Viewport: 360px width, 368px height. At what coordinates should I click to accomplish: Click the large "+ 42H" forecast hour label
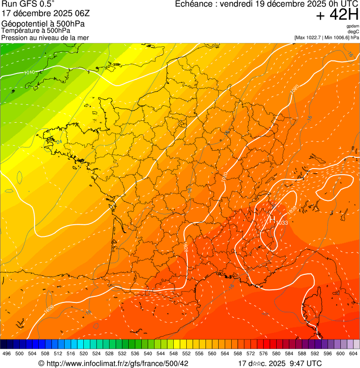337,15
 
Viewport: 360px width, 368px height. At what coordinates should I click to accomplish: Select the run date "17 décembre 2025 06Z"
49,14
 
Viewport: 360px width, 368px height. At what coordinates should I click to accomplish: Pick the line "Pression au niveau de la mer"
45,37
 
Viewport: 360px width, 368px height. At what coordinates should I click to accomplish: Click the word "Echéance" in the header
194,4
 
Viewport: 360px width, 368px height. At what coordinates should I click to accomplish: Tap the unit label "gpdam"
353,27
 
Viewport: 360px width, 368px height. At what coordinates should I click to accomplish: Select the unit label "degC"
353,32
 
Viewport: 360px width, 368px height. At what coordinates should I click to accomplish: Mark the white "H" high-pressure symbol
272,219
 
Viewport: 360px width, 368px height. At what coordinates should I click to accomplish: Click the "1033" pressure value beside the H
282,222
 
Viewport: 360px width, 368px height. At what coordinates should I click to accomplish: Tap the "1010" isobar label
29,73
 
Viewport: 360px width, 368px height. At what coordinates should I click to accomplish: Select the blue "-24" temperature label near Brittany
58,141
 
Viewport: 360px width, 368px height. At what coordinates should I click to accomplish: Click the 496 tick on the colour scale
7,353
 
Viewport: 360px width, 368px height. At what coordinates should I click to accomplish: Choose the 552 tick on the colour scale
186,353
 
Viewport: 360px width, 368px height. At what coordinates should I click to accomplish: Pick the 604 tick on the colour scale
353,353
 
